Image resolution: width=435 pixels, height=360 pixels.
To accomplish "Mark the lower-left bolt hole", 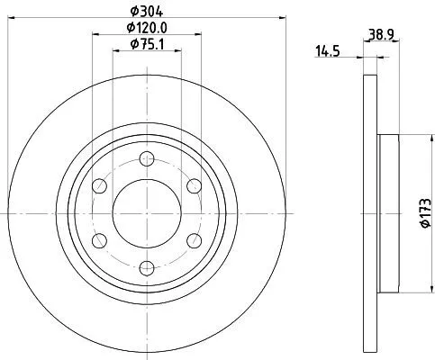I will point(100,239).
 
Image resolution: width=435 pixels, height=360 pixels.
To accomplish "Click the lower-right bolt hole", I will point(192,239).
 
